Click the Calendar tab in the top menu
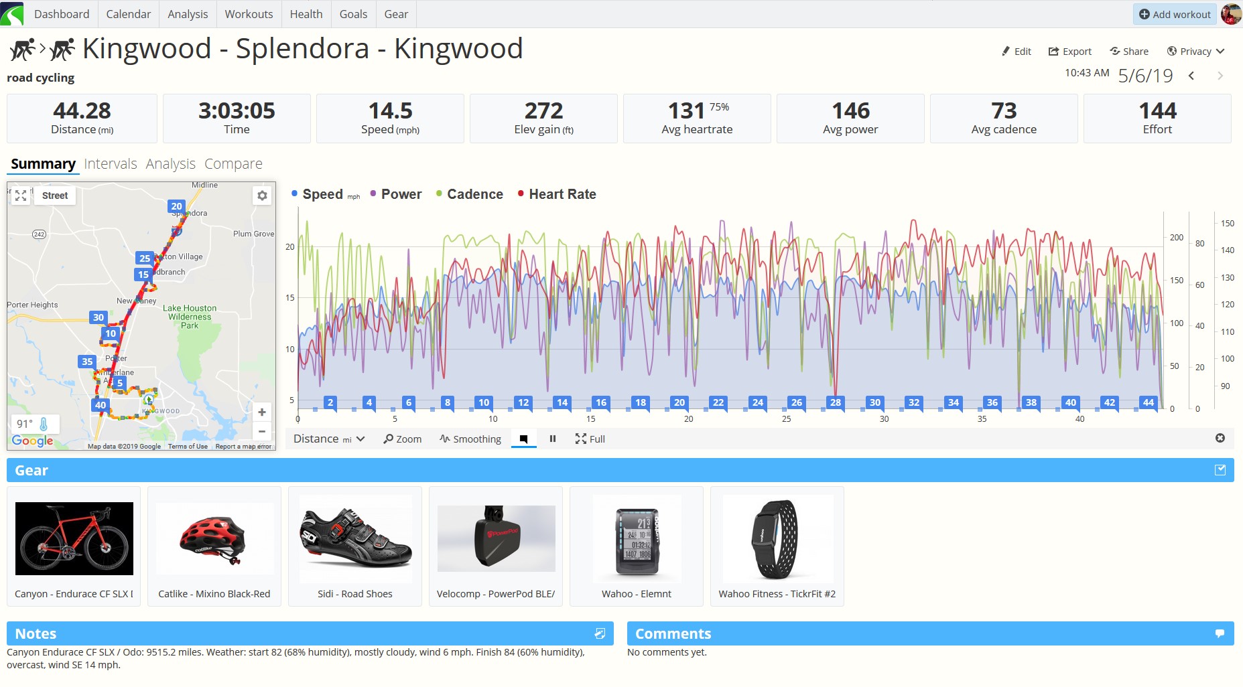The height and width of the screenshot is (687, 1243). (x=128, y=14)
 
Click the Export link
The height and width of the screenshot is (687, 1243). (x=1070, y=52)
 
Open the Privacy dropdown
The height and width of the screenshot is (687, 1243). (x=1196, y=52)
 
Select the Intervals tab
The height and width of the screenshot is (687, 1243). (x=111, y=164)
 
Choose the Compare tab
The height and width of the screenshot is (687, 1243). (x=233, y=164)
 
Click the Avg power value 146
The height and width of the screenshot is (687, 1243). (x=850, y=110)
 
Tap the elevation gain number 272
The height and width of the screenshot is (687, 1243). (x=543, y=110)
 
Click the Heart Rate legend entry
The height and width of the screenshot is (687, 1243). (x=562, y=194)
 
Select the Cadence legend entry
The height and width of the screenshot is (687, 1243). (x=474, y=194)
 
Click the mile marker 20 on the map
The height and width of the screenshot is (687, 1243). (x=176, y=206)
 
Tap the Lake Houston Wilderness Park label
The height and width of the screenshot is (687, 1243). (x=190, y=317)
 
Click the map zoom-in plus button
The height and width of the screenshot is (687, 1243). (x=262, y=412)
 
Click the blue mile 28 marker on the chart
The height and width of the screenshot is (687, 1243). (x=836, y=402)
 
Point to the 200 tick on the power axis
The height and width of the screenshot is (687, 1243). (x=1176, y=238)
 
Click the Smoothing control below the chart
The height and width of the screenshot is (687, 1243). (x=470, y=439)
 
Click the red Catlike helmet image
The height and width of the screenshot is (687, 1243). (x=214, y=538)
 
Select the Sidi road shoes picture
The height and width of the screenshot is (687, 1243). (x=355, y=538)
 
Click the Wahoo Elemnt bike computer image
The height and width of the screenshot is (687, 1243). (x=637, y=538)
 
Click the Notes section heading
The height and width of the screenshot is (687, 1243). (x=36, y=633)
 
